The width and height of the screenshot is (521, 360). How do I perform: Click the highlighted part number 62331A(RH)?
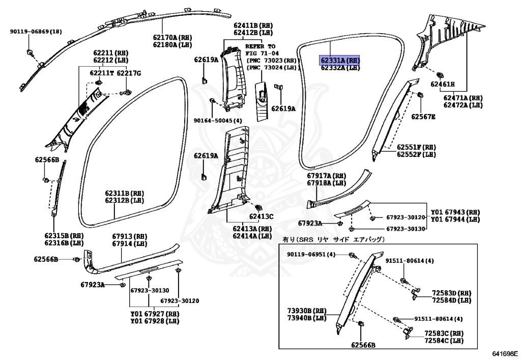pos(340,60)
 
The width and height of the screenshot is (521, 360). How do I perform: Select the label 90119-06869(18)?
pos(36,32)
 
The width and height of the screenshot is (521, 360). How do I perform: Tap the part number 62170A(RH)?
pos(172,37)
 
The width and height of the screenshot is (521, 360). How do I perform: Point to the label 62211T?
pos(102,73)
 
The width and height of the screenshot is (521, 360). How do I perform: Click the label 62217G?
pos(129,73)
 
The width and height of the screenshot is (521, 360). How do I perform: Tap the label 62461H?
pos(443,84)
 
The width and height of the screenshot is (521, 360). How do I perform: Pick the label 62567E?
pos(424,117)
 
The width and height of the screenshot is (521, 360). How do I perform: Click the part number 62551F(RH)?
pos(416,147)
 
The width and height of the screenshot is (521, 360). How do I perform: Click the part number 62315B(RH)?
pos(64,236)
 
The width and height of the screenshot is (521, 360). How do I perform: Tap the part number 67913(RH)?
pos(129,237)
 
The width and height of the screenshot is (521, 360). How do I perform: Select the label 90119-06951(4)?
pos(311,254)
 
